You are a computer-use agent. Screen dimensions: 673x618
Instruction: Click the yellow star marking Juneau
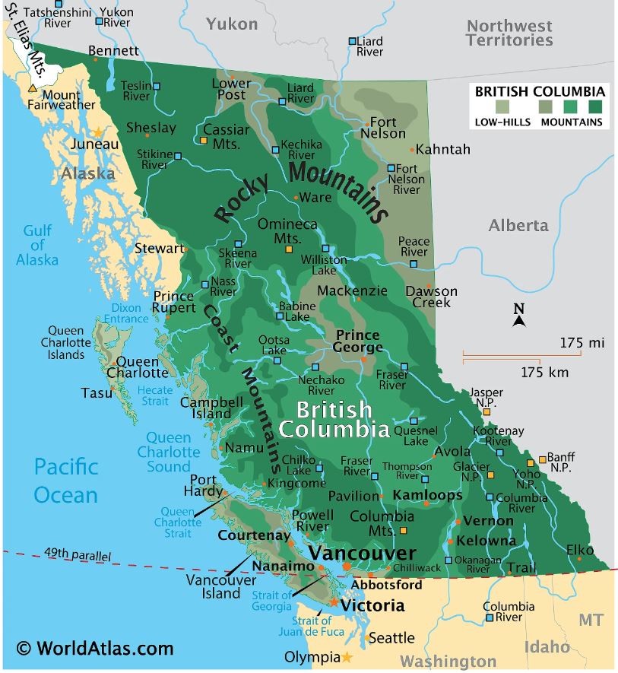(x=98, y=133)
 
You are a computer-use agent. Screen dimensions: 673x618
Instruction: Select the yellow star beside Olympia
(x=347, y=656)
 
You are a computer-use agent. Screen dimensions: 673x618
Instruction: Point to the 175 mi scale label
(x=582, y=342)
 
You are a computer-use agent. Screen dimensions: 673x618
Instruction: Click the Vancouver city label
(x=363, y=553)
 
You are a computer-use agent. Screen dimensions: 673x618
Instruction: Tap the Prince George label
(x=357, y=341)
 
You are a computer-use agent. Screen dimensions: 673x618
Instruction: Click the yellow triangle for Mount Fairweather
(x=32, y=89)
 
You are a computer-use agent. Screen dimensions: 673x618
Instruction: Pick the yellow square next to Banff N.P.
(x=543, y=459)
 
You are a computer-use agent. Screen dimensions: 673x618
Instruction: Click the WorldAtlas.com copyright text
(x=96, y=649)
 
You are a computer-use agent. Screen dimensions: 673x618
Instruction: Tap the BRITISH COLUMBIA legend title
(x=540, y=91)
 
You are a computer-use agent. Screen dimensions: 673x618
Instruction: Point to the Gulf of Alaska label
(x=37, y=245)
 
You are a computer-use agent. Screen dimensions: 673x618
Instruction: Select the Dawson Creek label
(x=432, y=297)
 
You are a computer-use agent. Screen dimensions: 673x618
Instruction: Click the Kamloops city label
(x=428, y=495)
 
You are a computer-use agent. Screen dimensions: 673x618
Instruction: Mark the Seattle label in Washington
(x=391, y=637)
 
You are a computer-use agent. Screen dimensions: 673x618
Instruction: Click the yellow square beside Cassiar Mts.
(x=204, y=140)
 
